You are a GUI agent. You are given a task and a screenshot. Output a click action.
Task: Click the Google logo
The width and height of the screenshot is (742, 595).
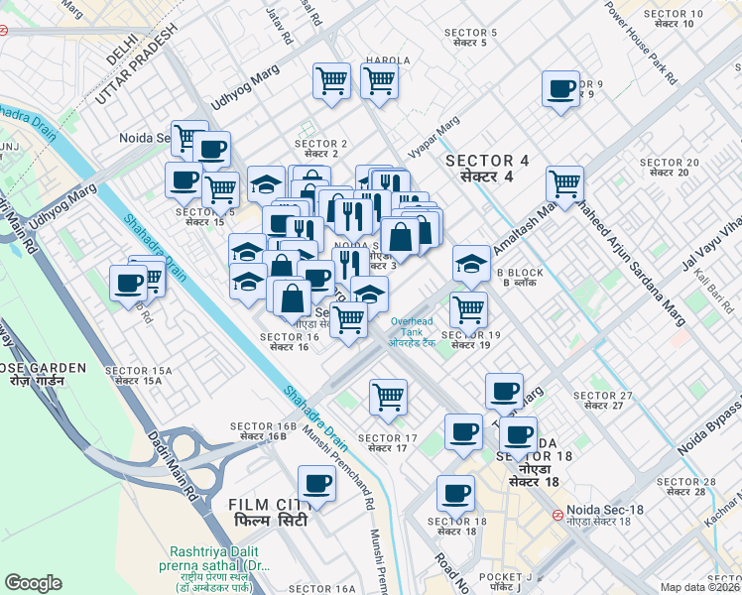34,583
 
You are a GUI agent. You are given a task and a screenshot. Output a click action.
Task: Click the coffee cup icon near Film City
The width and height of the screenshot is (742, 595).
316,484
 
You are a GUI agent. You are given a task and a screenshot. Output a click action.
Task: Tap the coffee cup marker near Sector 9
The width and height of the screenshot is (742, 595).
561,89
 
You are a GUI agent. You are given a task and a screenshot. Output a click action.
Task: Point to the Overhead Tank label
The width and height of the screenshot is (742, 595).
412,331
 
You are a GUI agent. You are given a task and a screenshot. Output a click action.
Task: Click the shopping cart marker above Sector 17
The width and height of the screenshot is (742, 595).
388,397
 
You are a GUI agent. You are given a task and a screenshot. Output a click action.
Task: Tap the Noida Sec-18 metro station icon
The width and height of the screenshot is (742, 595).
558,516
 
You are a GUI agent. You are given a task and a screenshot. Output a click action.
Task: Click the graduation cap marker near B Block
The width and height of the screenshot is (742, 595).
471,264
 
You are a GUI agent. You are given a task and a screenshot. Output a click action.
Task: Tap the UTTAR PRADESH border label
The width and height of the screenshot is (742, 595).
136,63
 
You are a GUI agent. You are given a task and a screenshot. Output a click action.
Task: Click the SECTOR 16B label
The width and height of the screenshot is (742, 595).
264,431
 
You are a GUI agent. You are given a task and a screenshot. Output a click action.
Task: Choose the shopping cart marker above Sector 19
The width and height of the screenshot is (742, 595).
468,309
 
